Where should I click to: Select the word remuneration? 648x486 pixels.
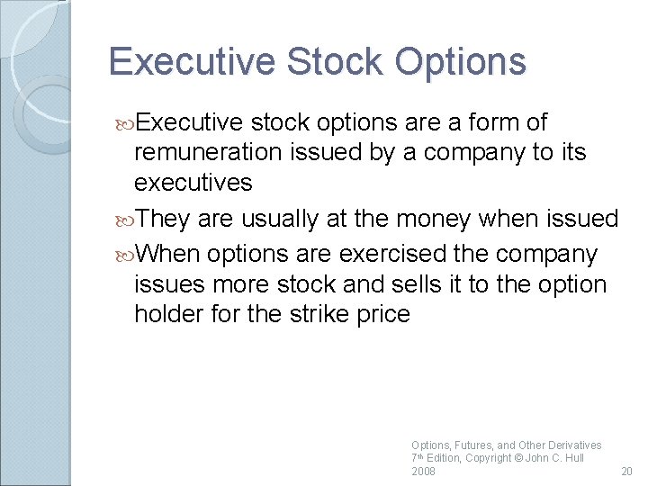[206, 152]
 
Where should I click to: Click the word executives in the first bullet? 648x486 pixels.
[193, 183]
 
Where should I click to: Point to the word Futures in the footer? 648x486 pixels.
[472, 445]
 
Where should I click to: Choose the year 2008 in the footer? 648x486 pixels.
[423, 471]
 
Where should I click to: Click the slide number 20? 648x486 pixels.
[626, 471]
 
